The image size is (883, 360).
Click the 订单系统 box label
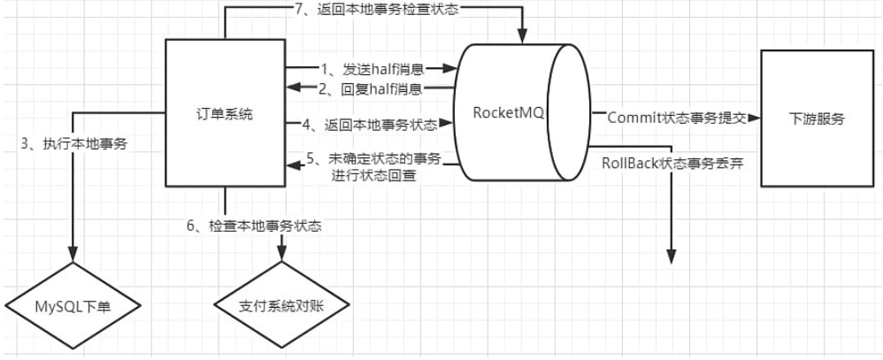tap(225, 114)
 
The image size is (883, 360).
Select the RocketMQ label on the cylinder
tap(509, 112)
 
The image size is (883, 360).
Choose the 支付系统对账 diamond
tap(281, 305)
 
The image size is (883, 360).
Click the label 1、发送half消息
tap(372, 69)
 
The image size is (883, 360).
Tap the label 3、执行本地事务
tap(74, 143)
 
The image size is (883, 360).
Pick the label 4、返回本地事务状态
tap(371, 125)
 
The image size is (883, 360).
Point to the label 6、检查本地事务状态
tap(254, 226)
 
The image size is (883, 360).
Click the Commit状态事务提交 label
tap(677, 118)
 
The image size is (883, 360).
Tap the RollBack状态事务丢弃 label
tap(673, 164)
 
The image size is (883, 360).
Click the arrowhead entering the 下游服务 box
tap(755, 119)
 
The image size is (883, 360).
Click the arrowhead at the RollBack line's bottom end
tap(672, 257)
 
